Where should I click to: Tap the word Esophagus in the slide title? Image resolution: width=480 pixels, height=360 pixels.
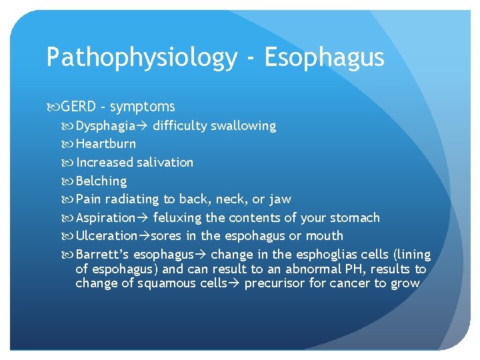[x=325, y=58]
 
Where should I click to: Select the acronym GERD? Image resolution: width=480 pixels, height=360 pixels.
[x=79, y=107]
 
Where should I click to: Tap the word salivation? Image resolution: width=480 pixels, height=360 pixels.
[x=165, y=163]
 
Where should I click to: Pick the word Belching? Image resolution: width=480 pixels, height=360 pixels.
[x=101, y=181]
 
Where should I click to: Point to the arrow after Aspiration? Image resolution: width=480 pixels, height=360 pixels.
[x=143, y=218]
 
